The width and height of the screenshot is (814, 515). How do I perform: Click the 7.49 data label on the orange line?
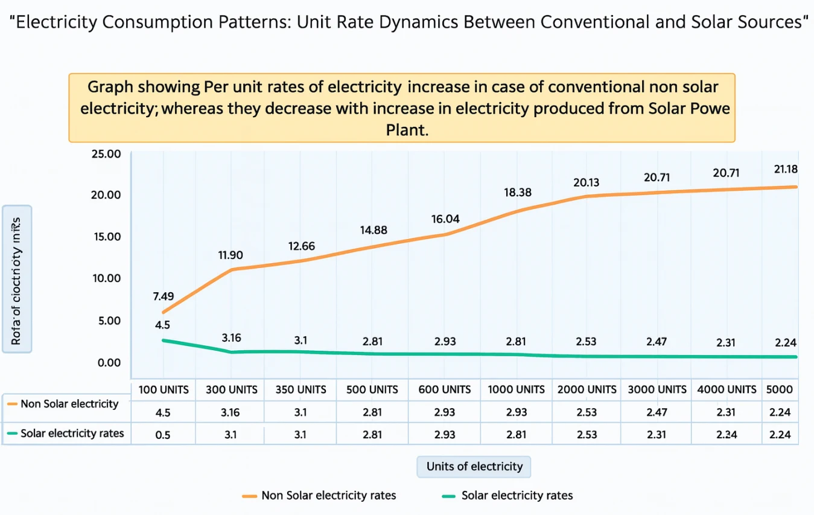(x=163, y=296)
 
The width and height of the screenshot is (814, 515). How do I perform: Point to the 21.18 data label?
(x=785, y=170)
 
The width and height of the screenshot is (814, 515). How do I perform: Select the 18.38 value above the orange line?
(x=517, y=193)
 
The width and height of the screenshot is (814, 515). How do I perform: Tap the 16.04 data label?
(x=445, y=219)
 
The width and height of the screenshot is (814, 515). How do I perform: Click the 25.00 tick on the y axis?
(x=106, y=154)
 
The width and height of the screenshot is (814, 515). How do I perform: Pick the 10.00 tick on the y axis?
(x=106, y=278)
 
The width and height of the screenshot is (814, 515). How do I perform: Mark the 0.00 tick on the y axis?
(x=106, y=362)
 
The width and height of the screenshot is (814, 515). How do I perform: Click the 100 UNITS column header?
(x=163, y=390)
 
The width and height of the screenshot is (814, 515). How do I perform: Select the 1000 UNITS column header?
(x=517, y=390)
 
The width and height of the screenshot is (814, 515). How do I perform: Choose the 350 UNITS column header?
(x=300, y=390)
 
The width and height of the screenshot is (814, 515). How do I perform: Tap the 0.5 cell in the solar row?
(x=163, y=435)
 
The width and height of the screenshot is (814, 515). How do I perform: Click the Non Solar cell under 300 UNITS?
(x=232, y=412)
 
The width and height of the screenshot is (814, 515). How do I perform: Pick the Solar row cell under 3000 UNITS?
(x=657, y=435)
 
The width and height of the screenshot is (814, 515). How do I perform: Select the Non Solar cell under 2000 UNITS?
(x=586, y=412)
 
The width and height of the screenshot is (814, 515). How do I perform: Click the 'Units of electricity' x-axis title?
(x=474, y=467)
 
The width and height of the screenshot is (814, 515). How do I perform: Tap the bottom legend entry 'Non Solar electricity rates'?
(x=328, y=496)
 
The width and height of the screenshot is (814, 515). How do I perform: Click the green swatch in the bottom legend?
(x=448, y=496)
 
